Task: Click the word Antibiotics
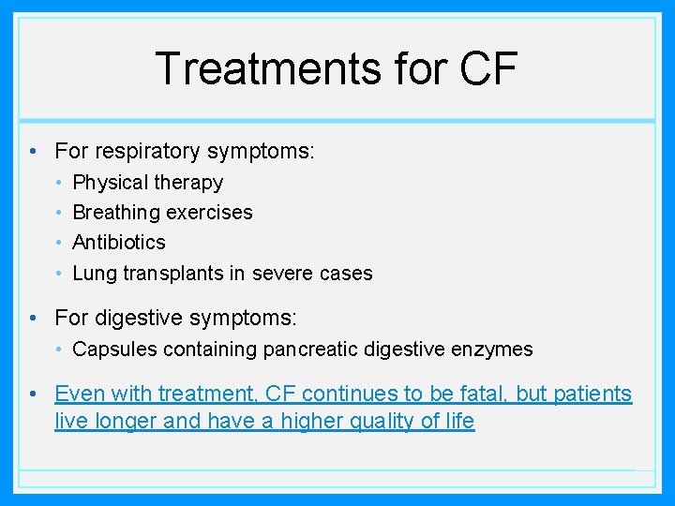click(x=119, y=243)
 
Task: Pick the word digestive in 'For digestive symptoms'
click(x=138, y=319)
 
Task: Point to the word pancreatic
click(x=312, y=350)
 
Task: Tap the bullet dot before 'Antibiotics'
click(x=58, y=243)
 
